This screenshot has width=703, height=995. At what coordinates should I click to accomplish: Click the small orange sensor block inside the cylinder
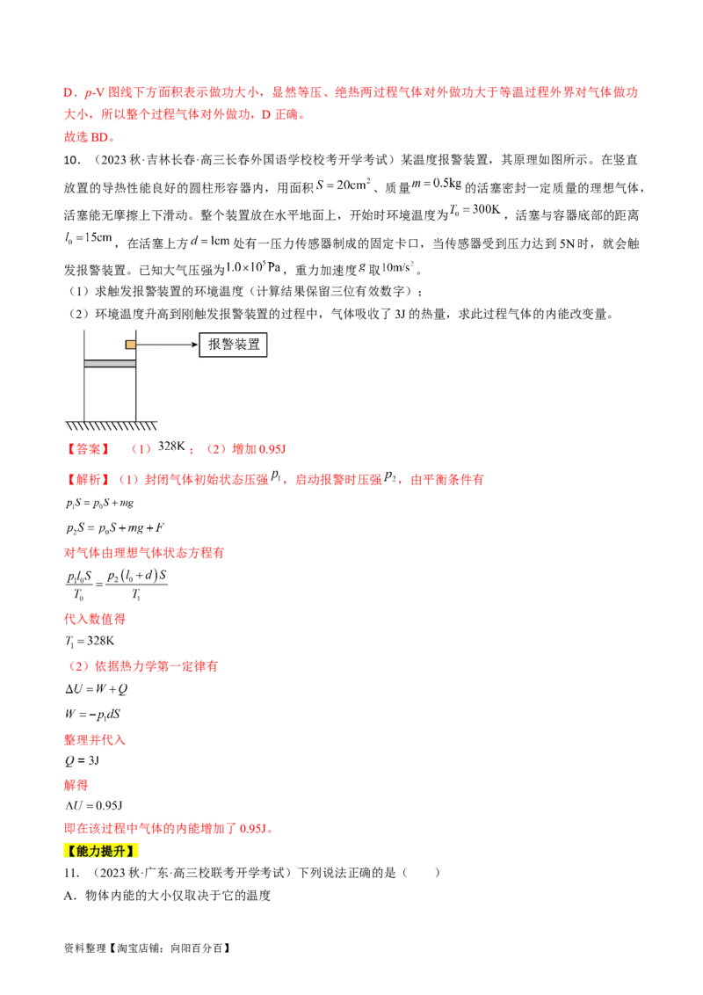pyautogui.click(x=130, y=345)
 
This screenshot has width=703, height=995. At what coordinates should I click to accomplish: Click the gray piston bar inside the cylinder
pyautogui.click(x=110, y=363)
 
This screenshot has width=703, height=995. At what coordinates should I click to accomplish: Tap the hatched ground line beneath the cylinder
pyautogui.click(x=111, y=425)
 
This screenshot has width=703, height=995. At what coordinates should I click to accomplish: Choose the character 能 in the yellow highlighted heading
pyautogui.click(x=81, y=851)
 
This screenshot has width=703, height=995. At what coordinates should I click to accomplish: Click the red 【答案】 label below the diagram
pyautogui.click(x=88, y=450)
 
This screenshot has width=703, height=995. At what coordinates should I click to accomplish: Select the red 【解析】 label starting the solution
pyautogui.click(x=88, y=480)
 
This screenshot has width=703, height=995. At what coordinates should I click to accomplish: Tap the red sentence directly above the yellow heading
pyautogui.click(x=167, y=829)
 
